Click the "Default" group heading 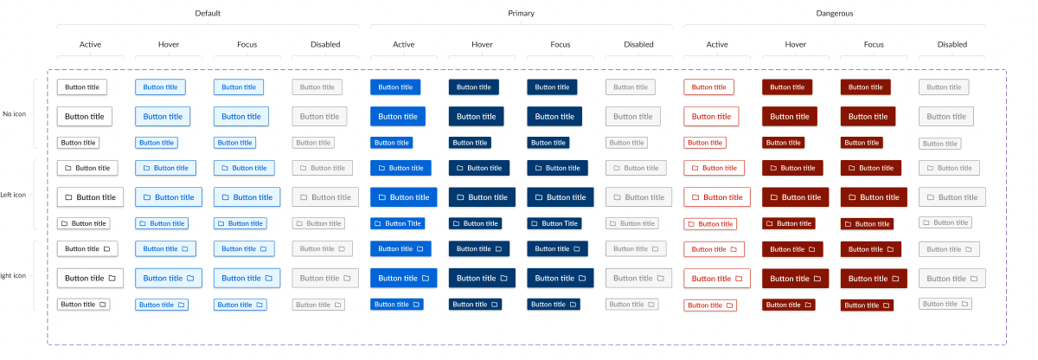point(207,13)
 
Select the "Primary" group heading point(521,13)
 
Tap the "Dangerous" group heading point(834,13)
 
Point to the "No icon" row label point(15,113)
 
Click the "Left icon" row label point(13,195)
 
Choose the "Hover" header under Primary point(482,44)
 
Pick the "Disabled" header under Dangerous point(951,44)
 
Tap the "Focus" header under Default point(247,44)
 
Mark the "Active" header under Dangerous point(717,44)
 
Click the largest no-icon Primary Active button point(398,116)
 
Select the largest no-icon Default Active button point(85,116)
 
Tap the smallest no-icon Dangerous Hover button point(783,143)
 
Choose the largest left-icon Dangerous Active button point(717,197)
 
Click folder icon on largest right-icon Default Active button point(112,278)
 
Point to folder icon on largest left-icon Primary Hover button point(460,197)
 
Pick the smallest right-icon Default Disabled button point(318,305)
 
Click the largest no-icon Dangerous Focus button point(868,116)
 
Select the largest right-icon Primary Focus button point(561,278)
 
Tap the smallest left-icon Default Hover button point(162,223)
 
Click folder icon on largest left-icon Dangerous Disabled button point(930,197)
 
